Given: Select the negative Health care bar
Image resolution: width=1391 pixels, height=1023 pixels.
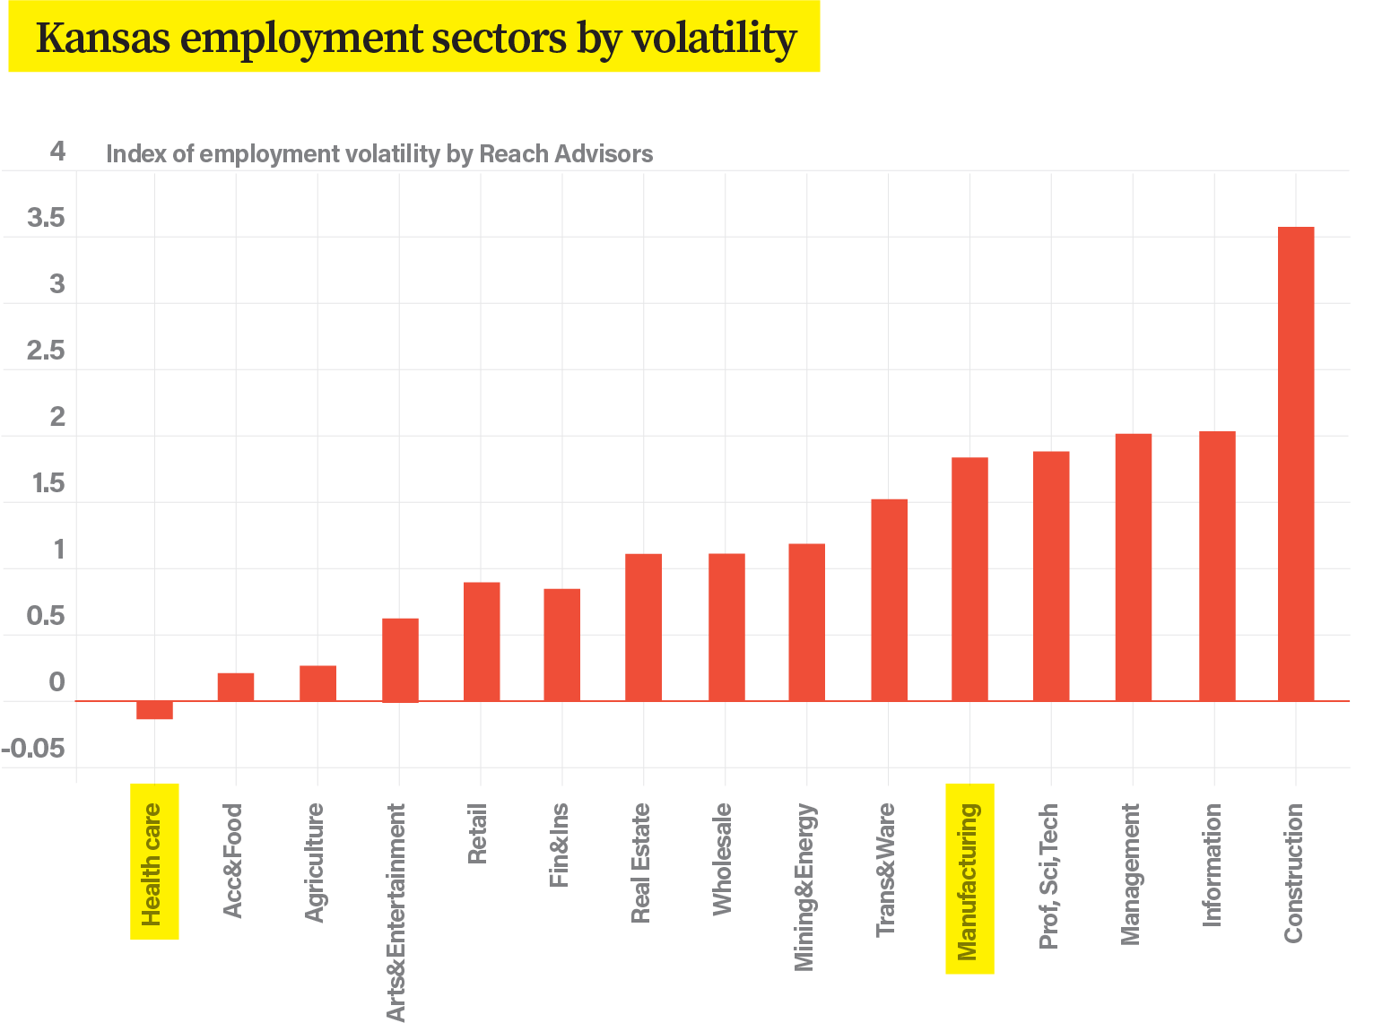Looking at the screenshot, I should [154, 710].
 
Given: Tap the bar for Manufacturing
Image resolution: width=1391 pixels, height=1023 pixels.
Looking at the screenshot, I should [969, 578].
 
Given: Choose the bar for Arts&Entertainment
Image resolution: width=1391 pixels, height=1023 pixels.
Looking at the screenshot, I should [400, 659].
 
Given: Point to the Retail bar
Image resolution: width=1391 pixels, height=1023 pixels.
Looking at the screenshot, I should [482, 641].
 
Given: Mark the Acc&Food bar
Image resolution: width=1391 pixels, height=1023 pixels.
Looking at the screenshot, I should [236, 686].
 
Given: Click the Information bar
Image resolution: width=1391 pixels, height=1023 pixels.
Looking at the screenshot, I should [1217, 566].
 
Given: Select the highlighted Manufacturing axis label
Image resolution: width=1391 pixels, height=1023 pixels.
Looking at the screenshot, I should [969, 880].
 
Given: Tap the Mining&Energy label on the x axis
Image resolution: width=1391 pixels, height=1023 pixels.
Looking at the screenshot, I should [804, 887].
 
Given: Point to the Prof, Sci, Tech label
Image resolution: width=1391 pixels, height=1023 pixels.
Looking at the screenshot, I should [1048, 875].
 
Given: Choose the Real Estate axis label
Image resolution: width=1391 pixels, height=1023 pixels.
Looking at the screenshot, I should [640, 863].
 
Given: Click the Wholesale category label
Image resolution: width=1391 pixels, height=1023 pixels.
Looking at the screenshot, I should [722, 859].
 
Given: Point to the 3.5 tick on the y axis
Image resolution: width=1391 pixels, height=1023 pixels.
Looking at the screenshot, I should [45, 218].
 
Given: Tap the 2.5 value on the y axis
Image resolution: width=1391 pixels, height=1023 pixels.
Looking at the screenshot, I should [45, 351].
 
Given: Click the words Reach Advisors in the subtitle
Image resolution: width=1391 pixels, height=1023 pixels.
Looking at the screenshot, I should [565, 154].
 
